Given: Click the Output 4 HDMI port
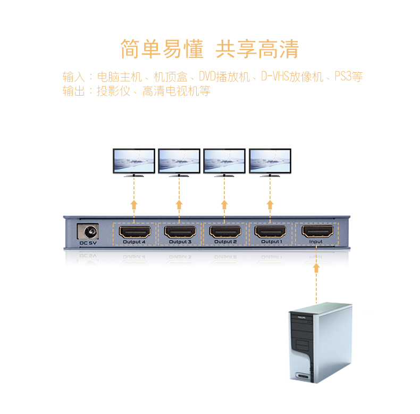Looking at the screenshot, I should coord(134,232).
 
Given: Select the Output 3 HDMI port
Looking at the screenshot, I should coord(180,232).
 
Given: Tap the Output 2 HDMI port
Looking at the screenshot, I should coord(225,232).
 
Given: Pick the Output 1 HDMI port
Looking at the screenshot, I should coord(271,232).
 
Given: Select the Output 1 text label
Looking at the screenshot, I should coord(271,242).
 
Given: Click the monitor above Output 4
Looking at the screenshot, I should coord(134,161).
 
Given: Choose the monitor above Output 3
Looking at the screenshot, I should coord(180,161).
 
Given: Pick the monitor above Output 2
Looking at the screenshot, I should coord(225,161).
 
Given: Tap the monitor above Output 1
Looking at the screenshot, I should coord(270,161).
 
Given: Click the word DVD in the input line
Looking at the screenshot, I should coord(208,77).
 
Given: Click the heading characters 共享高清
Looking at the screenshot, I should coord(257,49).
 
